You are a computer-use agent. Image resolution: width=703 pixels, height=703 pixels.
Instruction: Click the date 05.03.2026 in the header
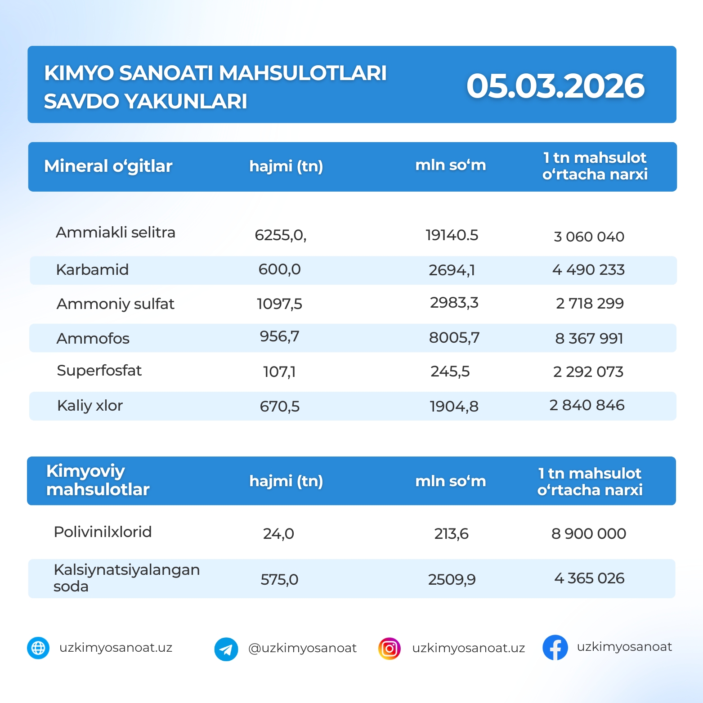point(555,86)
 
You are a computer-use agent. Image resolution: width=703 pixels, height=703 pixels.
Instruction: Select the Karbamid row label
point(92,270)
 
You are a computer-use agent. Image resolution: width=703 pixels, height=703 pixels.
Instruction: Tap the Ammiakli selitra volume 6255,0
point(280,235)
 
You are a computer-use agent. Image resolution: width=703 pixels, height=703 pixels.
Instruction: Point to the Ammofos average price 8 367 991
point(589,338)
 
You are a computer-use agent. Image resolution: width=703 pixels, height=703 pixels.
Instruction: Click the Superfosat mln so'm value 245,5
point(450,372)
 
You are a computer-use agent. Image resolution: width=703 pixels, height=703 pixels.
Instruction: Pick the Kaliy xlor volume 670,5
point(279,406)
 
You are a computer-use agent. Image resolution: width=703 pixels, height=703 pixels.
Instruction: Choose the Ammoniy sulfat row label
point(115,304)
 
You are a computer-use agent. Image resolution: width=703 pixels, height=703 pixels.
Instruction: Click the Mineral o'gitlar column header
point(108,166)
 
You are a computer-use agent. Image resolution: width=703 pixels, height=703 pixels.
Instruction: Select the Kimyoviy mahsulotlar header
point(98,480)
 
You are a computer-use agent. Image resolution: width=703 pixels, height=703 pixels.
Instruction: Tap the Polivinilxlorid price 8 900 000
point(588,533)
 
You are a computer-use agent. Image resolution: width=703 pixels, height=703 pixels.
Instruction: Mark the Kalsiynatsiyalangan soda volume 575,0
point(279,579)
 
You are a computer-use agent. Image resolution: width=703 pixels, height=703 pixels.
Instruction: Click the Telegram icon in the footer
point(226,649)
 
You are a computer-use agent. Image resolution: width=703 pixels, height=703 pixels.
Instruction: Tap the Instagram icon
point(390,649)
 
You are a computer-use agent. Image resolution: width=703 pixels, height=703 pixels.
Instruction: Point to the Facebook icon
point(555,648)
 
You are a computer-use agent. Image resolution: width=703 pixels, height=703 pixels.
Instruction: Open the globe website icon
point(38,648)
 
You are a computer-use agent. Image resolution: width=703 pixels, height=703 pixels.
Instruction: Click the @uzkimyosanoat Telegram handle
point(302,648)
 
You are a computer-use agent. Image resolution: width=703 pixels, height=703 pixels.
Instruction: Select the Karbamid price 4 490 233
point(588,270)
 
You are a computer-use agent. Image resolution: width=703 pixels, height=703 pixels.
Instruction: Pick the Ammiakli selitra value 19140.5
point(452,235)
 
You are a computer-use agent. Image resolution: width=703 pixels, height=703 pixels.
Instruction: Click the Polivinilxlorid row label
point(103,532)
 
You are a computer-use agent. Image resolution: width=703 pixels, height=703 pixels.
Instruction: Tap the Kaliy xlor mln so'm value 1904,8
point(454,406)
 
